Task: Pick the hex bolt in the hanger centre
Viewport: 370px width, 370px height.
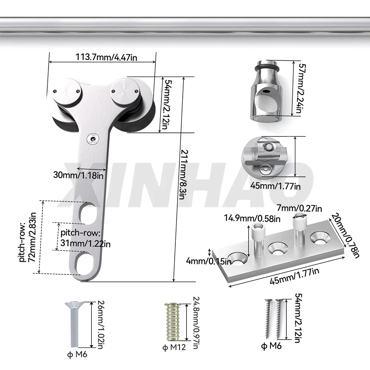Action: pyautogui.click(x=91, y=139)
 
